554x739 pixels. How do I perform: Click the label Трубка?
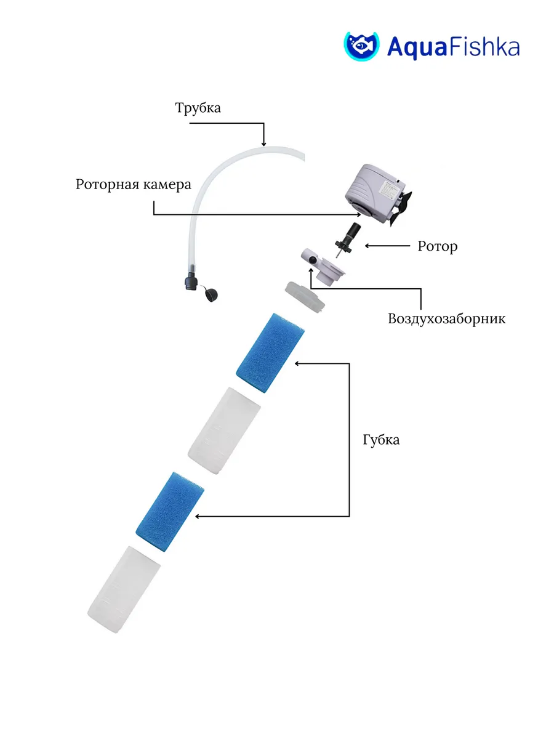(198, 108)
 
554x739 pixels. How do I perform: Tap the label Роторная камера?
(134, 185)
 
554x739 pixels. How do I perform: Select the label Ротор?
(437, 246)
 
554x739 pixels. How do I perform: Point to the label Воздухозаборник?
(446, 318)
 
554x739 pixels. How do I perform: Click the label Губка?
(381, 440)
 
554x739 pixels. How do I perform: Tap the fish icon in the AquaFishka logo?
(361, 46)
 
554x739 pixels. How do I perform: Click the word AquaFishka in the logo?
(454, 47)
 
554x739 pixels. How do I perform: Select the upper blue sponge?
(270, 352)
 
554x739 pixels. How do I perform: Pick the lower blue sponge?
(169, 511)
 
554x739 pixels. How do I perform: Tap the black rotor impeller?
(348, 240)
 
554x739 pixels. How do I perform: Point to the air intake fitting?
(322, 267)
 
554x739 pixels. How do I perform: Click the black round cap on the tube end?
(212, 295)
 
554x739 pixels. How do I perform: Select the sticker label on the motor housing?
(389, 190)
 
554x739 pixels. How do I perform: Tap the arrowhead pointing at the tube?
(263, 143)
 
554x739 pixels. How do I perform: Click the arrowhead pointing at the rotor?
(367, 246)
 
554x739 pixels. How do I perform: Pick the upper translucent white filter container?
(224, 430)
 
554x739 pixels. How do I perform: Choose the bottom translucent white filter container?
(124, 589)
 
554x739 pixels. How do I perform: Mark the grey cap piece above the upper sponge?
(305, 297)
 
